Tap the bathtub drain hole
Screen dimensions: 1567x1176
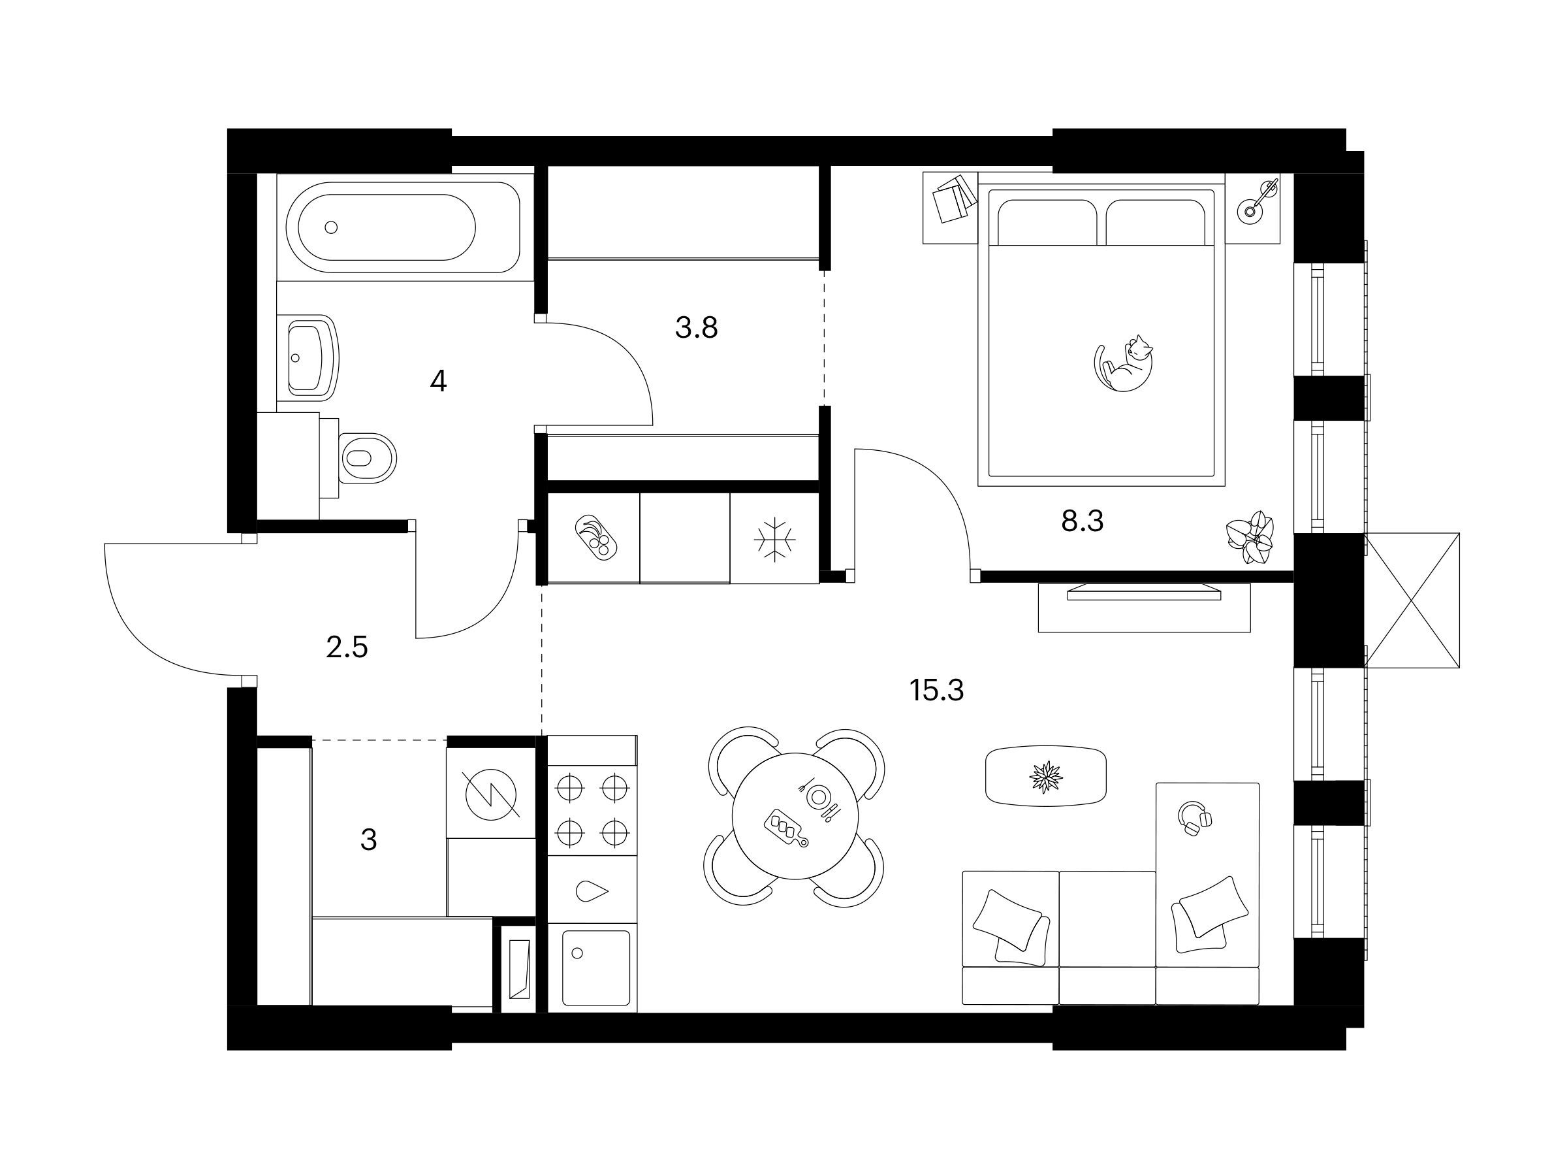pos(331,227)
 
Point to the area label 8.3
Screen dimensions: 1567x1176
pos(1083,522)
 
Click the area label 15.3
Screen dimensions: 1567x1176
pos(936,690)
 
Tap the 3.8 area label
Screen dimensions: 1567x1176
pos(697,327)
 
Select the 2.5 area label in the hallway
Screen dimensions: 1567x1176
pos(347,648)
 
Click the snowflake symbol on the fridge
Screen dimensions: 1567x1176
pos(774,540)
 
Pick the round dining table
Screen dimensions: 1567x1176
pos(795,817)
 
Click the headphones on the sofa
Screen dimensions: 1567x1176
pos(1194,819)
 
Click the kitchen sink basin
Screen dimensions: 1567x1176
pos(595,968)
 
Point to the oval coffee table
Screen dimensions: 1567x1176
pos(1045,776)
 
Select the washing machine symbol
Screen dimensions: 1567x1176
pos(492,794)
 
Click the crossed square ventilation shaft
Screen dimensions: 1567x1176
pos(1412,600)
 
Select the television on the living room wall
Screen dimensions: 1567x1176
pos(1144,592)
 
